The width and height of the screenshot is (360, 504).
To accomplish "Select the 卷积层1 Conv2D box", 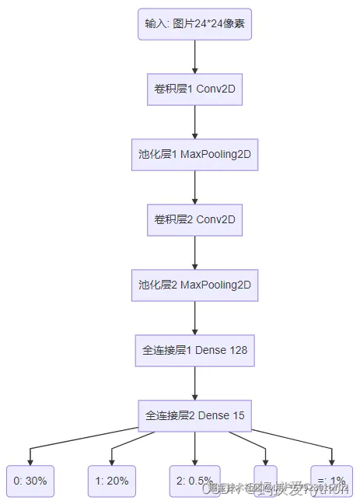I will (x=194, y=89).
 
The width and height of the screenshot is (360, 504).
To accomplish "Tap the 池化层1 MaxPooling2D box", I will (x=194, y=155).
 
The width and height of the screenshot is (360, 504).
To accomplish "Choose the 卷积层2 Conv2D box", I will (x=194, y=220).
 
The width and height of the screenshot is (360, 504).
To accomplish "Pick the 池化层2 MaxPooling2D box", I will (x=194, y=285).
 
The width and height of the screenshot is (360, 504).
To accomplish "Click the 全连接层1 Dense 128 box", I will (x=194, y=351).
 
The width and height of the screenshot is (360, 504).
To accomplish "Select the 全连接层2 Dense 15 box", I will (x=194, y=415).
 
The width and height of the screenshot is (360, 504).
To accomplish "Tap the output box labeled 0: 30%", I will (x=30, y=481).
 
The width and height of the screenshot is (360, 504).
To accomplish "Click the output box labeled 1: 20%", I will (x=112, y=481).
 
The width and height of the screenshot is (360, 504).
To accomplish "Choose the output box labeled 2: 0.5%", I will (x=195, y=481).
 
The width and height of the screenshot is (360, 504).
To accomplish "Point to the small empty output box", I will (x=265, y=481).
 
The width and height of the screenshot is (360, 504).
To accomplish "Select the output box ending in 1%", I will (x=331, y=481).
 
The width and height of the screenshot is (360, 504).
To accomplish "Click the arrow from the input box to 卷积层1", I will (x=194, y=57).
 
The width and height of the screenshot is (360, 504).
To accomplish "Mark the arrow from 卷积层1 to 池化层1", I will (x=194, y=122).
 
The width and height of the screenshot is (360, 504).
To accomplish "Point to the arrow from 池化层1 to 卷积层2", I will (x=194, y=187).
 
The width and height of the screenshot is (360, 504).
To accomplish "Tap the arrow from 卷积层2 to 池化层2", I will (x=194, y=253).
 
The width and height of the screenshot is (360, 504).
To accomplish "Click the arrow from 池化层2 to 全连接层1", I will (x=194, y=318).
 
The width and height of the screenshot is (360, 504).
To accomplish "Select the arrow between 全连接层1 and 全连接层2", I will (x=194, y=383).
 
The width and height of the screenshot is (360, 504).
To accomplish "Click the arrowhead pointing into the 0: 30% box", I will (x=30, y=461).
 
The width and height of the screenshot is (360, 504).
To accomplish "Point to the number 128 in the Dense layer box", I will (x=238, y=351).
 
